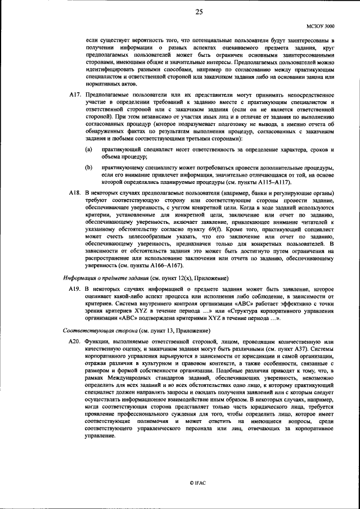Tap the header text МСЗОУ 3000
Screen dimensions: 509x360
tap(320, 26)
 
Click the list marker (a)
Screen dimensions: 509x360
tap(88, 150)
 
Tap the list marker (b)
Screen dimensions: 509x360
tap(88, 168)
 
